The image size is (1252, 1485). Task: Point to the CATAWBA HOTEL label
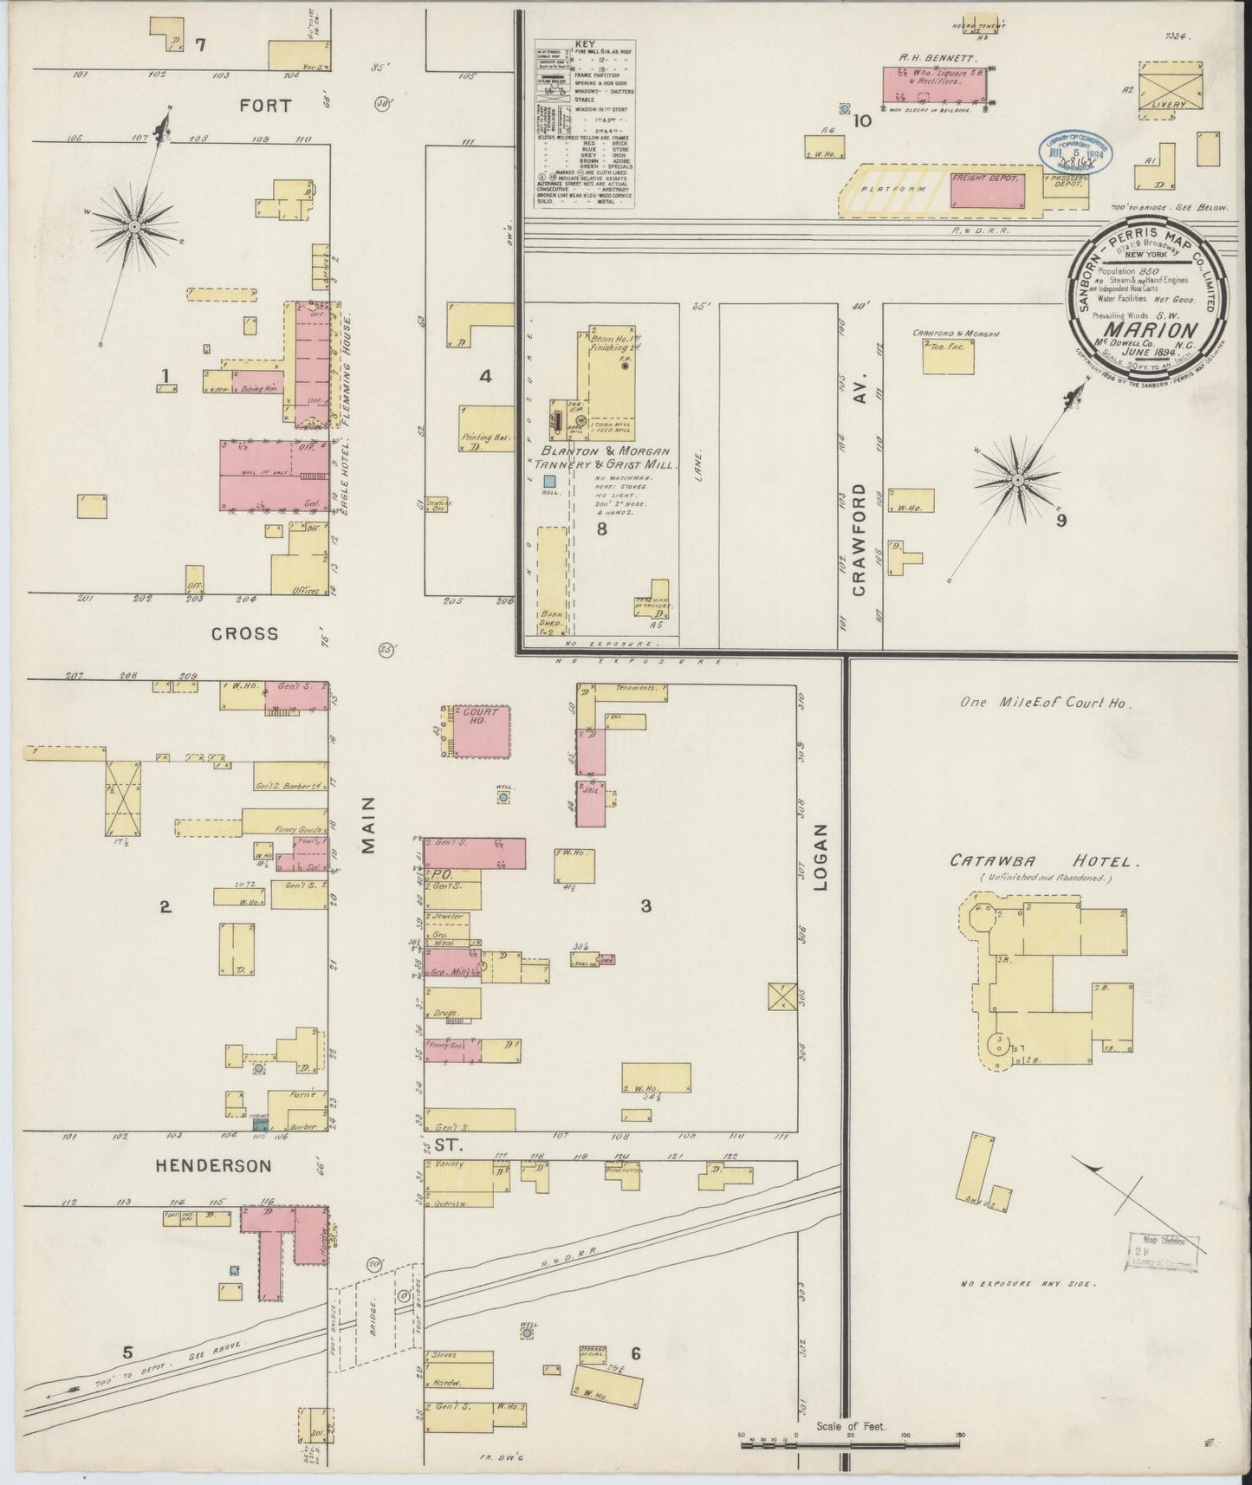pos(1043,862)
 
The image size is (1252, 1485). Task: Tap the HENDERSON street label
pos(214,1166)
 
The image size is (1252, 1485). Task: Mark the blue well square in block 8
pos(549,479)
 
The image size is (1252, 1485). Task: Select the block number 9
pos(1061,521)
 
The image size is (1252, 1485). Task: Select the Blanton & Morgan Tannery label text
pos(610,457)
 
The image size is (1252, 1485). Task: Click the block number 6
pos(635,1354)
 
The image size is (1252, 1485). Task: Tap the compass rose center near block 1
pos(135,227)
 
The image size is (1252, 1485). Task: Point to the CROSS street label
pos(245,633)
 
